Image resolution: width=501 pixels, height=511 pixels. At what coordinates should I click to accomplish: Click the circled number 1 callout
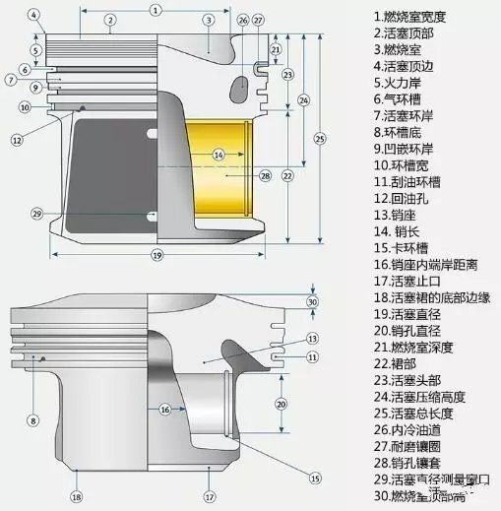(x=156, y=9)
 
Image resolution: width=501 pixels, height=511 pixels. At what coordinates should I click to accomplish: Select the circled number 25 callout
(x=319, y=138)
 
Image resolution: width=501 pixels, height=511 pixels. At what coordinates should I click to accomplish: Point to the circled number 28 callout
(x=265, y=175)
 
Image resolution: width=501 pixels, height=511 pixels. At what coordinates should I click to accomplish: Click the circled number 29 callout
(x=37, y=213)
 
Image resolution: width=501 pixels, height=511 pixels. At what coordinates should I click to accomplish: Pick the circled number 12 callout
(x=17, y=141)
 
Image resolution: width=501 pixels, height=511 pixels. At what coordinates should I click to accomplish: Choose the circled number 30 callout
(x=313, y=301)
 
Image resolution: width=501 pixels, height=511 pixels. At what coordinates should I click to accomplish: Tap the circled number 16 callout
(x=165, y=408)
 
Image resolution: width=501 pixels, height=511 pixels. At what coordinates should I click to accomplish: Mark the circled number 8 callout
(x=32, y=420)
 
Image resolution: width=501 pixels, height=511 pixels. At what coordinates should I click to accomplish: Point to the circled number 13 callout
(x=313, y=338)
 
